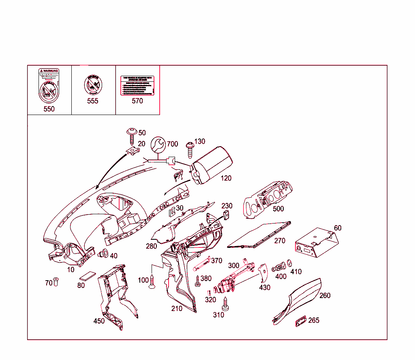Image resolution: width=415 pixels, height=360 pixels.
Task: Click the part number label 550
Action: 49,109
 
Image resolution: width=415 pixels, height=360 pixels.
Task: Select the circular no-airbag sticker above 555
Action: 93,85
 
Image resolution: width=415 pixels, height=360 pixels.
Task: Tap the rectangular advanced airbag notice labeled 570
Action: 137,85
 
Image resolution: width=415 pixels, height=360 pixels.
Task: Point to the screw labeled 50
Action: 132,135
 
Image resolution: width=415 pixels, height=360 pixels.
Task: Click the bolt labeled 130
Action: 189,149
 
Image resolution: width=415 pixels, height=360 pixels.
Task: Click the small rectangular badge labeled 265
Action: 300,321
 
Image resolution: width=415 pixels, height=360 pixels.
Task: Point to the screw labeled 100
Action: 152,282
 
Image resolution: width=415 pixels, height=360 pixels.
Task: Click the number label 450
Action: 99,321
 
